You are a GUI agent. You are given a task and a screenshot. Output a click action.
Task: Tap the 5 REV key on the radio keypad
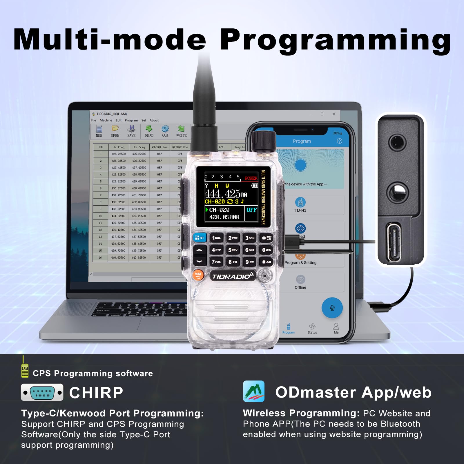coord(233,250)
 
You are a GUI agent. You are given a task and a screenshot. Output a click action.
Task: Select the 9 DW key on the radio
coord(249,262)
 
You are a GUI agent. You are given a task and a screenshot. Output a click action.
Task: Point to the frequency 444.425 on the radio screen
coord(226,193)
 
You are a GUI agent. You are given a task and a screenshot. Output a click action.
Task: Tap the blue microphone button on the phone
coord(332,308)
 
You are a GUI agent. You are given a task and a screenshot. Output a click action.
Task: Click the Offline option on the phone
coord(300,282)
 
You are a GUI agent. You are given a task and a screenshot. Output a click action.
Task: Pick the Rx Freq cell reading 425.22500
coord(119,154)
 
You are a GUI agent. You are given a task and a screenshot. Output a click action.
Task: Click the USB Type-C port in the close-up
coord(394,239)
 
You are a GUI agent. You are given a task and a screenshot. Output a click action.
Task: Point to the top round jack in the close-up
coord(396,142)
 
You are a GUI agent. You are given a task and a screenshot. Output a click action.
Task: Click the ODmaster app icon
coord(254,391)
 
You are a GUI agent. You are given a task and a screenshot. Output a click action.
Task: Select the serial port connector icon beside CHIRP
coord(42,392)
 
